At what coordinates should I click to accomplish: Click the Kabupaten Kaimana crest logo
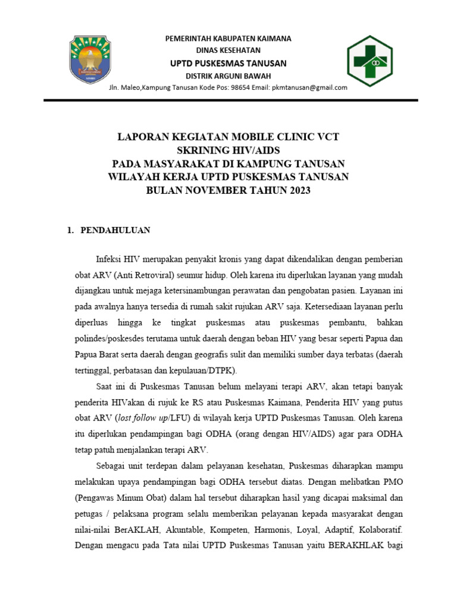[95, 59]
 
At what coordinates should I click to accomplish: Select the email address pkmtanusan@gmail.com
[309, 87]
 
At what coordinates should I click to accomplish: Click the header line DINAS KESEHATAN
[228, 51]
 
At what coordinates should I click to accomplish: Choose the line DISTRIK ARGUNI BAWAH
[228, 76]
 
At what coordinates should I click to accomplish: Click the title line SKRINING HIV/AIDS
[228, 150]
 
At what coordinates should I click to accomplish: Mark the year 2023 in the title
[297, 190]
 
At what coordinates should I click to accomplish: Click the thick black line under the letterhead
[228, 101]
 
